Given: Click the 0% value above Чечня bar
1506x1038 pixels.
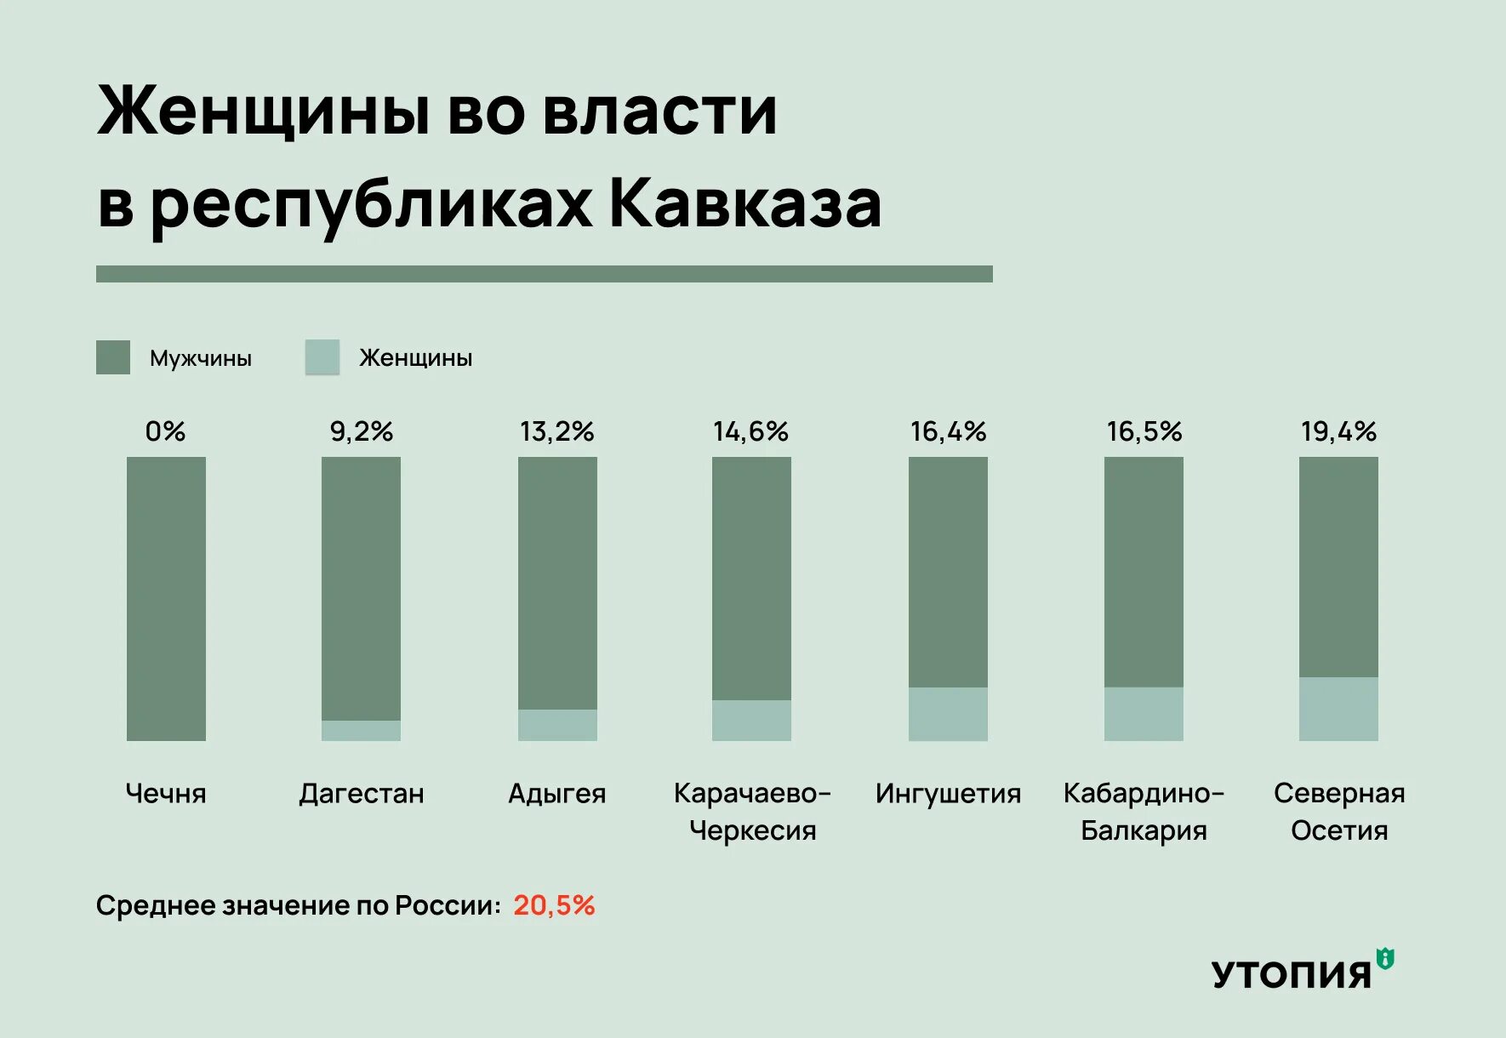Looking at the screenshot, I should pos(165,431).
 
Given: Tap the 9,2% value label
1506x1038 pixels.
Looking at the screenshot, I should pos(362,431).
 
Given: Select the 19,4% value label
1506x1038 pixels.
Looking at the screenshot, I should pos(1338,431).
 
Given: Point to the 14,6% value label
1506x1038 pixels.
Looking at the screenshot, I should pos(750,431).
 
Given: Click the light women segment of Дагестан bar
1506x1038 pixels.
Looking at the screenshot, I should pos(361,731).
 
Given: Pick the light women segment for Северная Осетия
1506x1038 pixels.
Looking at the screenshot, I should pos(1338,709).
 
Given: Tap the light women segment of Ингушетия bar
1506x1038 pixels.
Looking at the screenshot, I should pos(948,714).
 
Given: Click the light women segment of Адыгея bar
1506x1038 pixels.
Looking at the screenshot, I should pos(557,725).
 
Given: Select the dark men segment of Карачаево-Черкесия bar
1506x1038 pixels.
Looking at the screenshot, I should pos(751,579).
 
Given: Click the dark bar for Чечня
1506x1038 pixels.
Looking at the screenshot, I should pos(166,598).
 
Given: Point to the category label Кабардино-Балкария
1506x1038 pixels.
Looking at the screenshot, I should pos(1144,811).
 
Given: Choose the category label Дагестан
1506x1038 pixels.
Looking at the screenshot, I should pos(362,794).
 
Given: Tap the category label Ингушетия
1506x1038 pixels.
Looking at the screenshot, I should pos(948,794).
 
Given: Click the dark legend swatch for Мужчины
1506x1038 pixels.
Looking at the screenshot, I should pos(113,357).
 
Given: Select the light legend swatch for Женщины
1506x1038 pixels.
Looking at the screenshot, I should pos(322,357).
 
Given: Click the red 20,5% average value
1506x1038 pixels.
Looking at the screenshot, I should pos(554,905).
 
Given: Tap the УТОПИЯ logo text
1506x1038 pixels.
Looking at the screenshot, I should pos(1292,975).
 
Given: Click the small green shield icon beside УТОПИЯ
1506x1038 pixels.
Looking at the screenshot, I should pos(1385,959).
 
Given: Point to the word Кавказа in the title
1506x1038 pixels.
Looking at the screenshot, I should pos(745,204).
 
